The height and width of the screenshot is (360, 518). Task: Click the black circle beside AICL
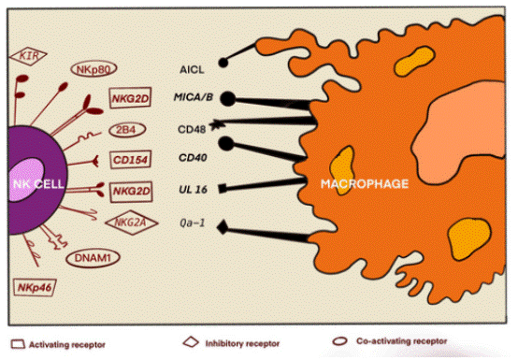(x=224, y=64)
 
